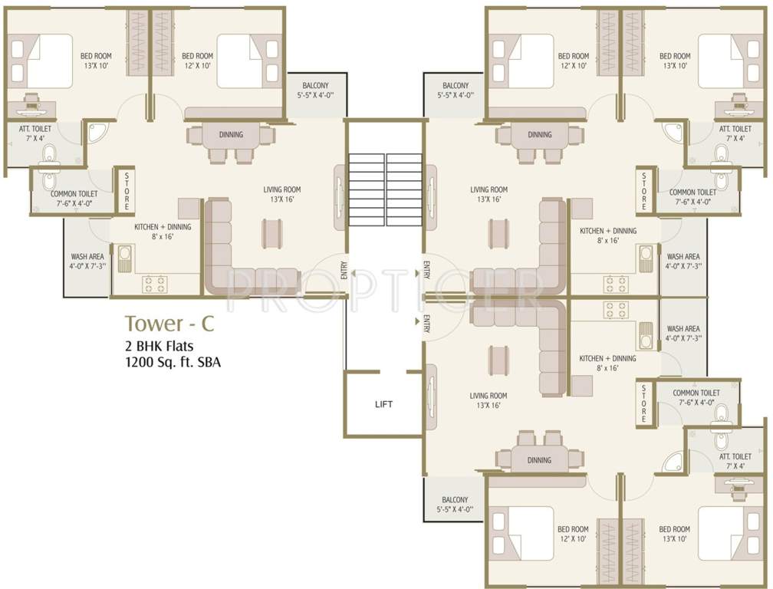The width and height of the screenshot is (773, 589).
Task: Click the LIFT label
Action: tap(383, 404)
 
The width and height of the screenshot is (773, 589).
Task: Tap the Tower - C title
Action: tap(169, 324)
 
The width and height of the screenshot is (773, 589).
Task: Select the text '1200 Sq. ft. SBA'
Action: tap(173, 362)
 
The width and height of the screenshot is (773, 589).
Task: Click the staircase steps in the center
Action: tap(385, 189)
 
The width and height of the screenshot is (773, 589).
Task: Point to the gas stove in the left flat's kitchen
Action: tap(154, 285)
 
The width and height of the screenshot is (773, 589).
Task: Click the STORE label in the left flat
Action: tap(127, 191)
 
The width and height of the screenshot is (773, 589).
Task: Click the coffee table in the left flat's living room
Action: tap(272, 233)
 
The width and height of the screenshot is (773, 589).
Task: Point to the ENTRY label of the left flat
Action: tap(344, 270)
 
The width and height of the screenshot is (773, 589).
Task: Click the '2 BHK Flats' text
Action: tap(159, 346)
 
